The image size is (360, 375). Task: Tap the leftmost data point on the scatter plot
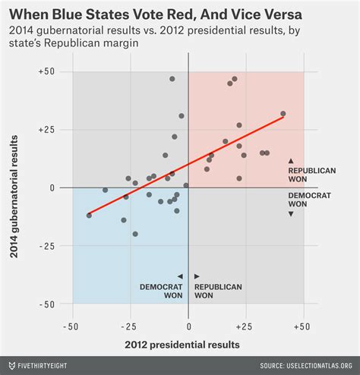[x=89, y=216]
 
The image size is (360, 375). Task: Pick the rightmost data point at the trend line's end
[x=283, y=114]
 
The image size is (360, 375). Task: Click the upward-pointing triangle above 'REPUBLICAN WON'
[x=291, y=161]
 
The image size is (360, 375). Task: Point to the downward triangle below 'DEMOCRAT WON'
[x=291, y=214]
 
